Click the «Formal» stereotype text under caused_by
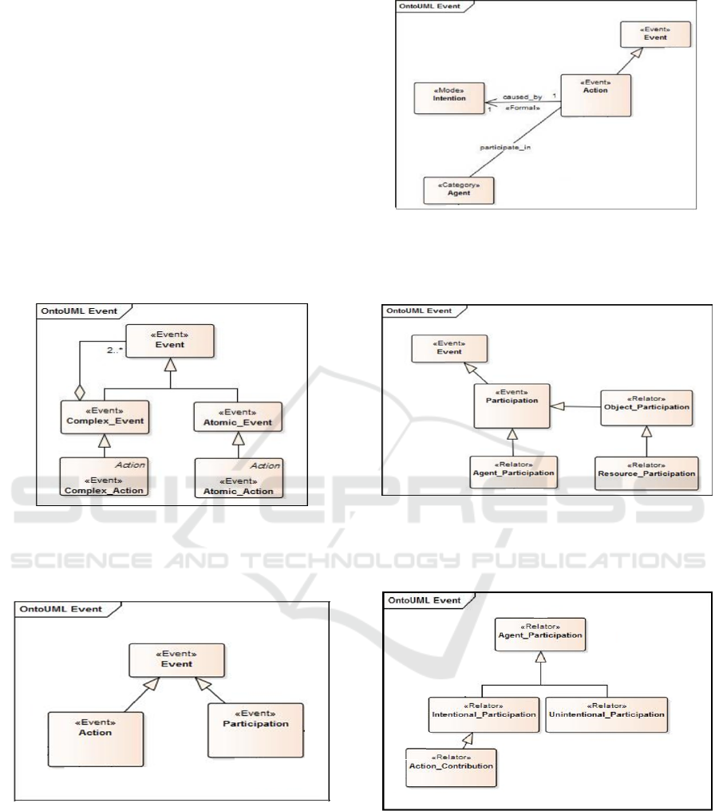[519, 108]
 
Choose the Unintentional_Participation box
[607, 710]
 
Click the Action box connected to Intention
[595, 93]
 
